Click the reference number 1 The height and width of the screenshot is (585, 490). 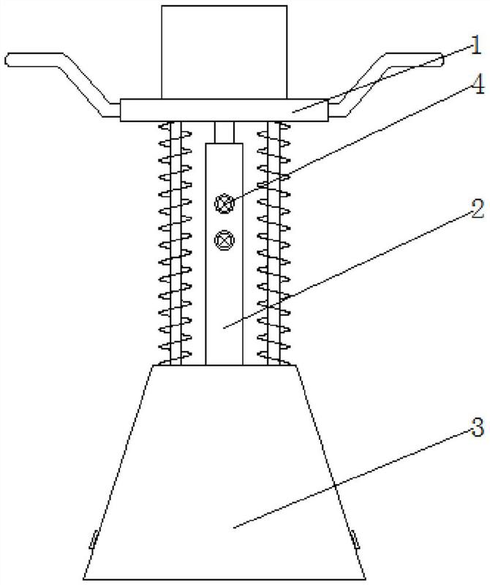point(475,45)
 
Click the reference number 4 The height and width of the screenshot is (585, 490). point(478,84)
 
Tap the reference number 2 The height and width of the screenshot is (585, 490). point(477,209)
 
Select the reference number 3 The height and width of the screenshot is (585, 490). point(477,427)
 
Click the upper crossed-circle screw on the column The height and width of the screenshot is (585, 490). point(225,204)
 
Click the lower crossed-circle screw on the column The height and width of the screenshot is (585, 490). point(225,240)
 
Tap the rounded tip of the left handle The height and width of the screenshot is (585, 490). point(7,60)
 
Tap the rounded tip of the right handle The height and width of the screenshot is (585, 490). point(442,60)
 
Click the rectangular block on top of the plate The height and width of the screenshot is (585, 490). point(224,52)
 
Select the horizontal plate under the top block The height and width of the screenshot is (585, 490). point(224,110)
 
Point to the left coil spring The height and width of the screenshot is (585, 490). point(176,244)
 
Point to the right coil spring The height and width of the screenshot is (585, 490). point(274,244)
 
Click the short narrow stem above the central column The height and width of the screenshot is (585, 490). point(224,132)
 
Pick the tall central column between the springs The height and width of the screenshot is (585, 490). point(224,254)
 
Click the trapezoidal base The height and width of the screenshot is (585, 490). point(224,472)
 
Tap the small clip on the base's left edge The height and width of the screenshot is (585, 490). point(94,540)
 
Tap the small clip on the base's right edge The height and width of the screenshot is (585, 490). point(355,540)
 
